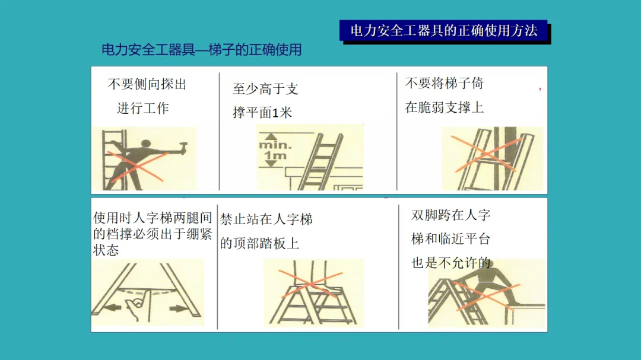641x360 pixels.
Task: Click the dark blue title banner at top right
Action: coord(444,31)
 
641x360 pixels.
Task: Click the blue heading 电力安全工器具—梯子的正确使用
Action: coord(202,50)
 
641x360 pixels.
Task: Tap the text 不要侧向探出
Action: coord(147,84)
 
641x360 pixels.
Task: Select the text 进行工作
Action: coord(142,109)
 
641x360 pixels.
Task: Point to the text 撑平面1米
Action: coord(262,112)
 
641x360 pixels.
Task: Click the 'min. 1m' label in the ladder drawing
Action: coord(275,150)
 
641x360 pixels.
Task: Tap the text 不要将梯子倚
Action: coord(445,84)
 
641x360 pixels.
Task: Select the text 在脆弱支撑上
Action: coord(445,107)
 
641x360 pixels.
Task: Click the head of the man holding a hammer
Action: coord(145,144)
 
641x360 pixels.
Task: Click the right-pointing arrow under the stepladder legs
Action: coord(179,308)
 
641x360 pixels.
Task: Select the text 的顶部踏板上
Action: coord(259,244)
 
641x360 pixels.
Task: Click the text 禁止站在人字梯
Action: coord(266,219)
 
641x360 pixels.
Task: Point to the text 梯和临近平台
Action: coord(450,238)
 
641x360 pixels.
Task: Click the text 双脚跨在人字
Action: coord(450,215)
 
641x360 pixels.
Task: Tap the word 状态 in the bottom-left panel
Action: coord(106,250)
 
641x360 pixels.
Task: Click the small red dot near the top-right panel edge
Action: coord(540,89)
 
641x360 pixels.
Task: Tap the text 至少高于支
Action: coord(265,89)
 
